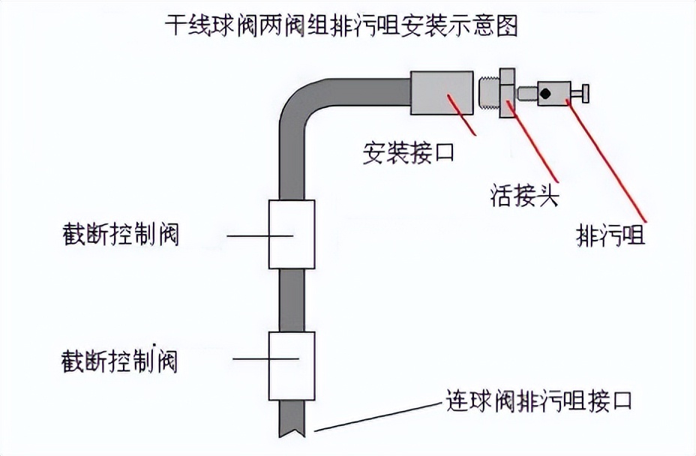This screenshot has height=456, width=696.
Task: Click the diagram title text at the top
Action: [x=341, y=27]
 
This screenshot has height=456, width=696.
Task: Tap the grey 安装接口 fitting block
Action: [x=442, y=93]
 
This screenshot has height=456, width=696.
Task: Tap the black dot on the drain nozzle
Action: [x=547, y=94]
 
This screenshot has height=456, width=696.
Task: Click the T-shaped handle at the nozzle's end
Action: [x=582, y=94]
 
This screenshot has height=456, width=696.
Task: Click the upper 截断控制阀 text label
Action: [x=121, y=235]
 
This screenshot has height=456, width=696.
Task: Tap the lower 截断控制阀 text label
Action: [x=120, y=361]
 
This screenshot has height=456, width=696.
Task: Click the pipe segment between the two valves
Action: [x=292, y=300]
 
